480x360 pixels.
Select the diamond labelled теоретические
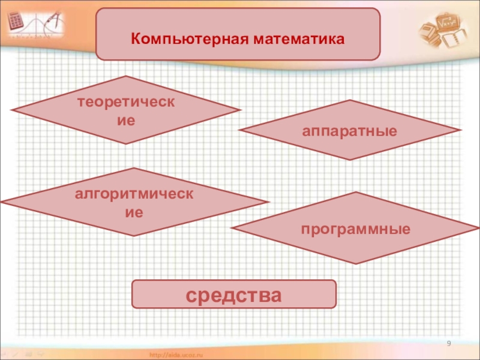click(126, 110)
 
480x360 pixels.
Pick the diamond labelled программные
click(356, 229)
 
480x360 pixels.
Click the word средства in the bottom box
click(233, 295)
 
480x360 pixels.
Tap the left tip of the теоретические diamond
click(12, 110)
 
